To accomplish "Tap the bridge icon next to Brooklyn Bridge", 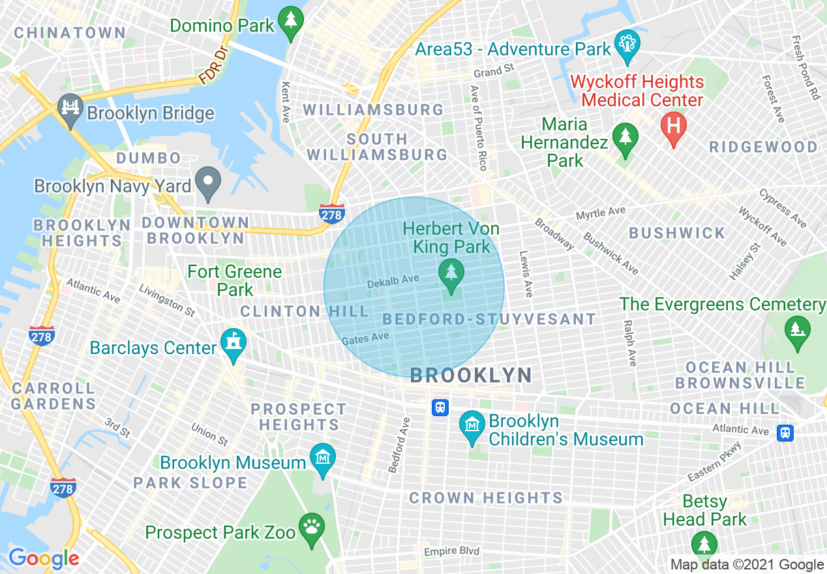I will point(69,107).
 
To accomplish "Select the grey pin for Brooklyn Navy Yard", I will point(209,183).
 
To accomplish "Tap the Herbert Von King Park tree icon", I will point(450,273).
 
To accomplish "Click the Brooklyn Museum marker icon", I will point(322,459).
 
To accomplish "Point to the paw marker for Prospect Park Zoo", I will point(312,527).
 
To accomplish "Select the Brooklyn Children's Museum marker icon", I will point(472,425).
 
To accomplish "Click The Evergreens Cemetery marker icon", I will point(796,329).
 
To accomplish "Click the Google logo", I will point(44,558).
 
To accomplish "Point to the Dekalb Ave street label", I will point(393,280).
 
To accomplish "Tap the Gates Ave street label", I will point(365,338).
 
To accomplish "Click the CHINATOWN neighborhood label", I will point(70,33).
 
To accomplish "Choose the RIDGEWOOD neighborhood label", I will point(763,147).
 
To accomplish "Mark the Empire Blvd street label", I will point(451,551).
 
